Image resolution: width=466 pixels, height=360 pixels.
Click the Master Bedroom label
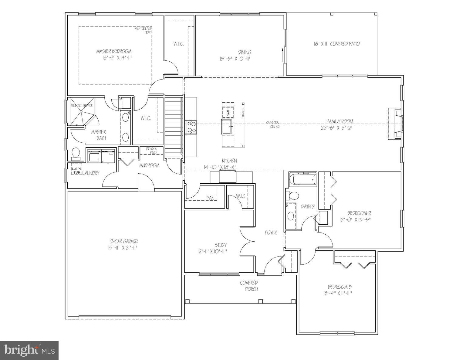pyautogui.click(x=114, y=51)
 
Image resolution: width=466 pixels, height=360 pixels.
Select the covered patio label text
pyautogui.click(x=337, y=44)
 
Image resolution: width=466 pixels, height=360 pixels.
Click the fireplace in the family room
pyautogui.click(x=395, y=124)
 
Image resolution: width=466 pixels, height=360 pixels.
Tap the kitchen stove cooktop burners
pyautogui.click(x=191, y=127)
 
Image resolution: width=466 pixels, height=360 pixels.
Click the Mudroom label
pyautogui.click(x=149, y=165)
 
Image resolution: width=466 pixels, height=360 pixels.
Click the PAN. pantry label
pyautogui.click(x=211, y=198)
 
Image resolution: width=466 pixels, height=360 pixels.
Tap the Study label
pyautogui.click(x=221, y=245)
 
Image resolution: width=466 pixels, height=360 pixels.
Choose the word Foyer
pyautogui.click(x=271, y=233)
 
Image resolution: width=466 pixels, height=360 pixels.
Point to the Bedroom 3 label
pyautogui.click(x=340, y=287)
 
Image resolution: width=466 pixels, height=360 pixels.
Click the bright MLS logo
pyautogui.click(x=29, y=350)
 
